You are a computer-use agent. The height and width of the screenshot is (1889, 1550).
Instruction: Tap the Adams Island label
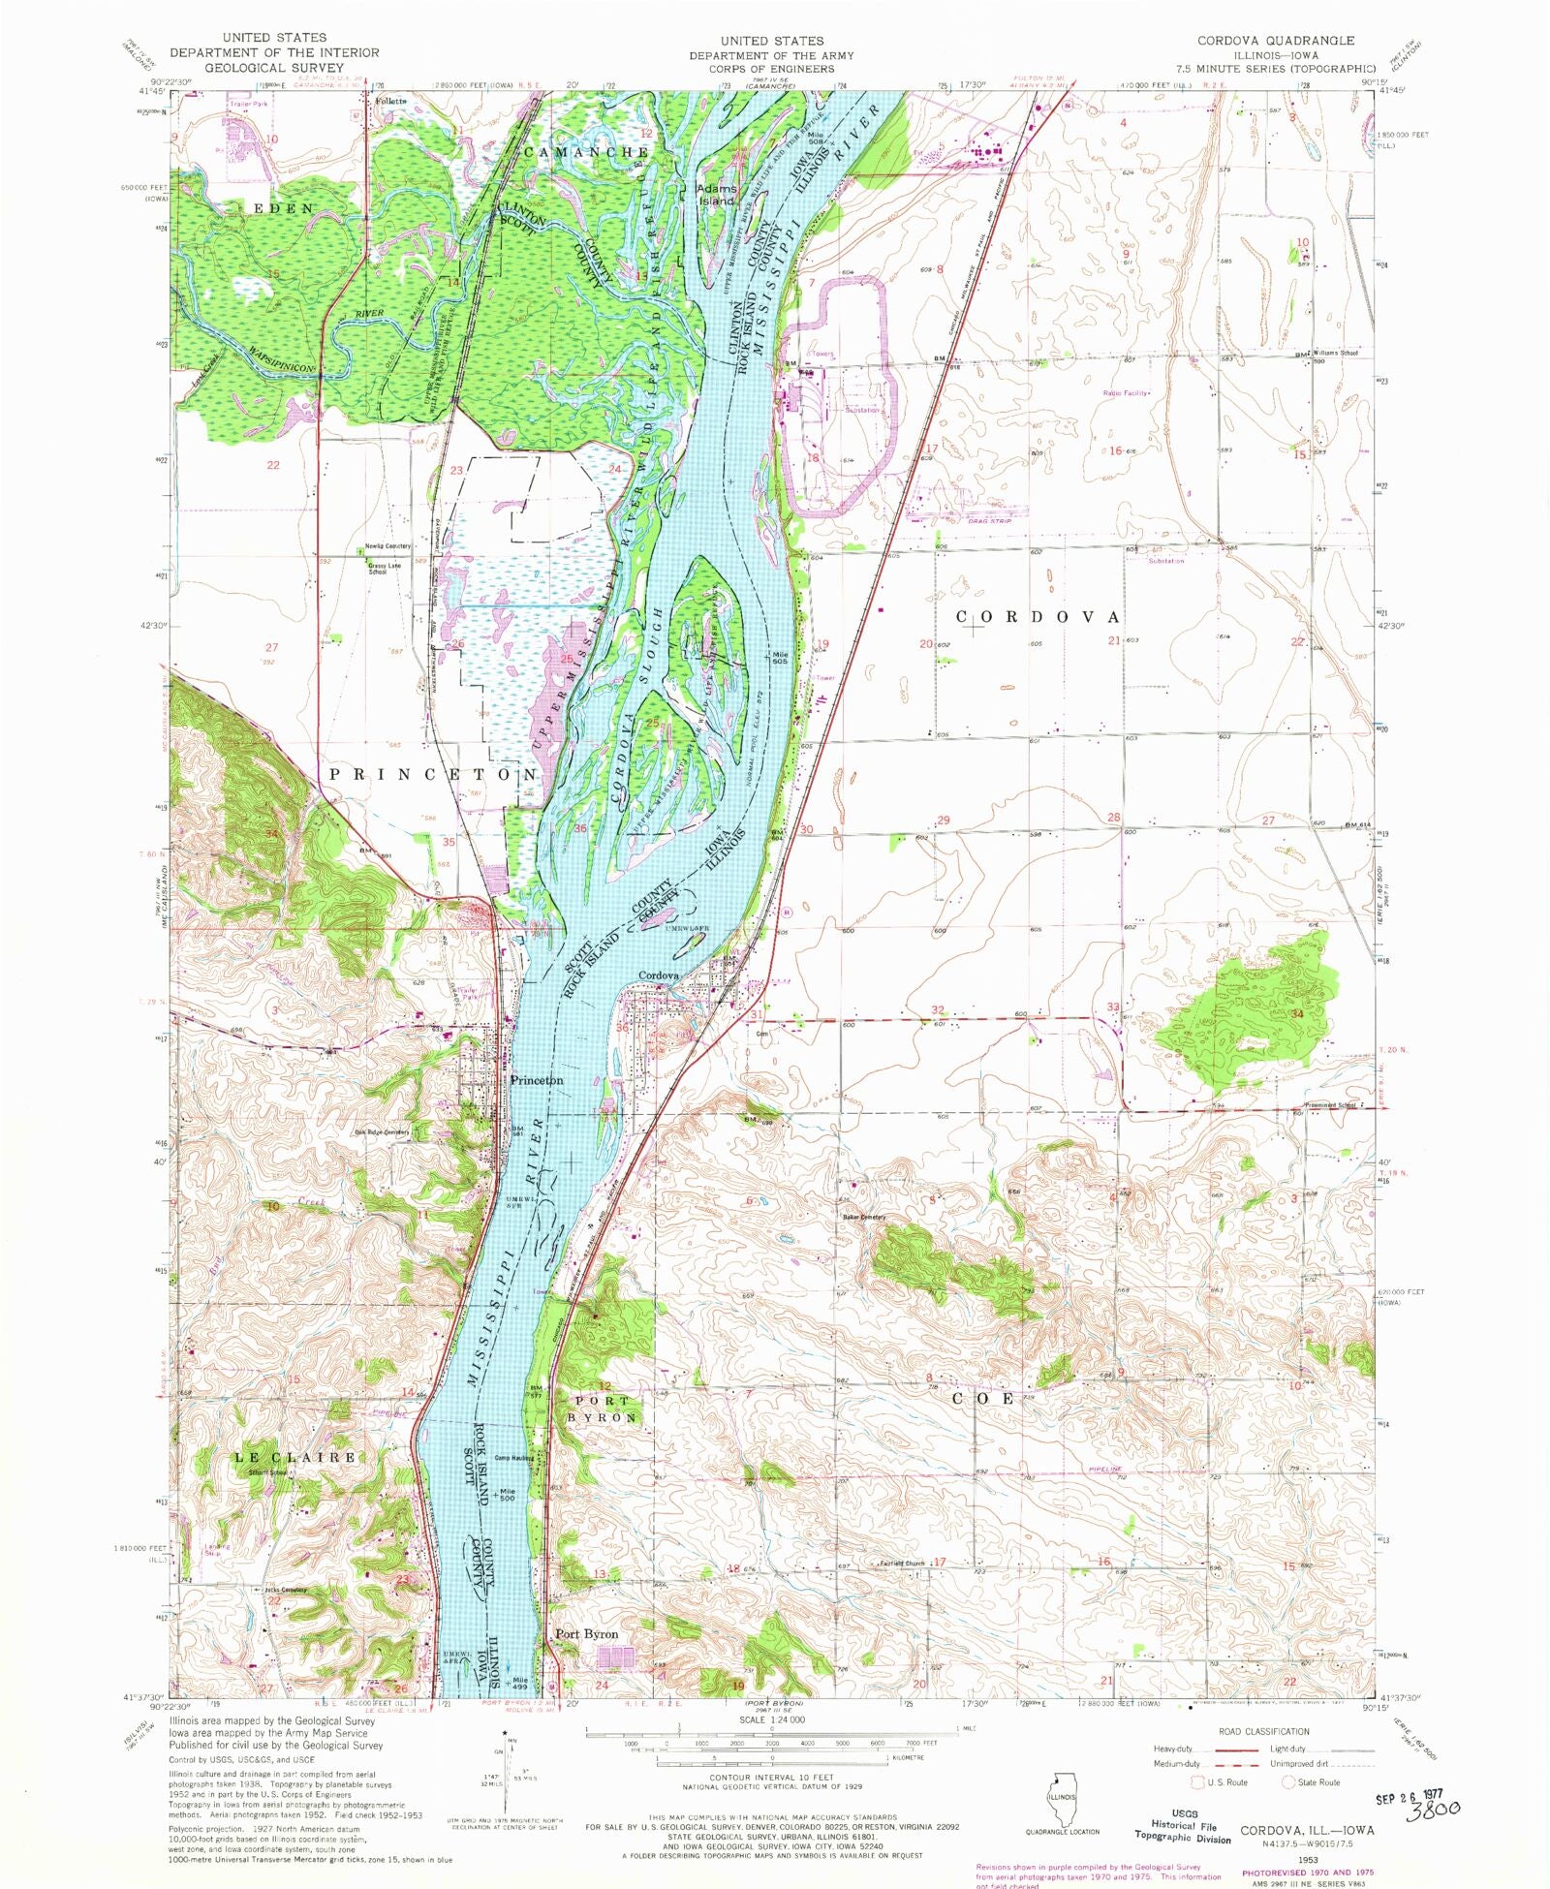coord(718,195)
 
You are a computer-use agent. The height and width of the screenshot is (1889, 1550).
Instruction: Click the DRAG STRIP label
coord(990,521)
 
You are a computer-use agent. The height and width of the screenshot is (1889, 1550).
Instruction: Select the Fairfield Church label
coord(901,1563)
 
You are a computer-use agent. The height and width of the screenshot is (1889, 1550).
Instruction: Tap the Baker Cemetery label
coord(864,1217)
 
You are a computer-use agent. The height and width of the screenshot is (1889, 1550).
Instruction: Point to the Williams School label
coord(1336,354)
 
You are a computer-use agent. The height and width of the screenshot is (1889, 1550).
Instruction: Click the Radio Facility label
coord(1126,393)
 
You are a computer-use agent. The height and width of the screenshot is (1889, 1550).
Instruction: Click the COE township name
coord(982,1399)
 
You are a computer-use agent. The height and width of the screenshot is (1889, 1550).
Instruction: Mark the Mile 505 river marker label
coord(779,657)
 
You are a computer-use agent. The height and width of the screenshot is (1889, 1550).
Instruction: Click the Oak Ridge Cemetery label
coord(382,1131)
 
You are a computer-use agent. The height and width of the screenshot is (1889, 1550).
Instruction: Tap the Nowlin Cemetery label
coord(387,546)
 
